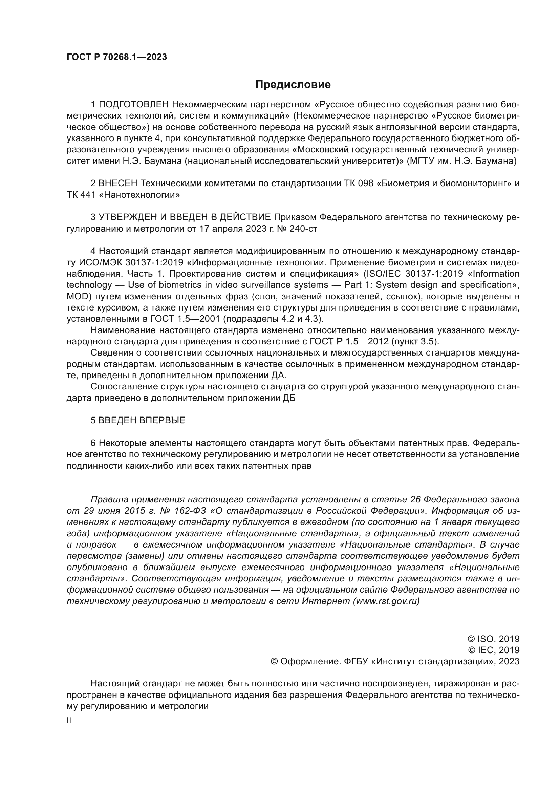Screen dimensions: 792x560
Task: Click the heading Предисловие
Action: tap(293, 85)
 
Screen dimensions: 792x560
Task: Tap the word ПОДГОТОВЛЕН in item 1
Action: tap(134, 104)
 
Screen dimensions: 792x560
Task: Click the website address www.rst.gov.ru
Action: tap(386, 601)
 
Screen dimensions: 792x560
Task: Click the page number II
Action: tap(69, 721)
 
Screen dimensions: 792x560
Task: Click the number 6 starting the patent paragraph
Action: tap(93, 443)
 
